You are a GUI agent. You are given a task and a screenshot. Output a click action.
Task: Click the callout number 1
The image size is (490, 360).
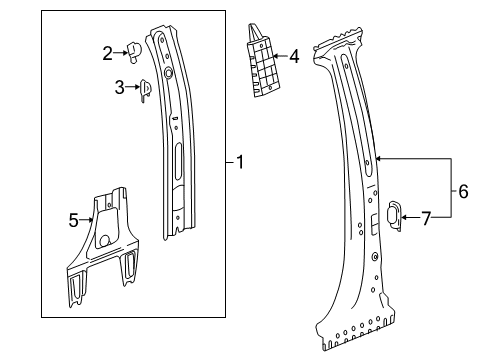[241, 161]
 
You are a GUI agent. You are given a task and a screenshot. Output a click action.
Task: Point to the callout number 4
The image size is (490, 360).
[293, 57]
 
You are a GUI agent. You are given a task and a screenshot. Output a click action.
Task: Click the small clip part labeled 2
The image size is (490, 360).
[134, 51]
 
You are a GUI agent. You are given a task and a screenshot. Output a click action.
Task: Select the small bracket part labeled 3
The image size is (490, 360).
[144, 89]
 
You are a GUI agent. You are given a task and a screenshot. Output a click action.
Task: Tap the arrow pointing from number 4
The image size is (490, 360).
[279, 57]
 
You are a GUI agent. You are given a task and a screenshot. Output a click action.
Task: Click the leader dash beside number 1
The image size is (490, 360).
[229, 161]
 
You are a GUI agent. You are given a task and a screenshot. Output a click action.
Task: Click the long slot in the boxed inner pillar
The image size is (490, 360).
[177, 161]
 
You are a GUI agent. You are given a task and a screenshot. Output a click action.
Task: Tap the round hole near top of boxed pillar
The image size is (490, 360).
[168, 71]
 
